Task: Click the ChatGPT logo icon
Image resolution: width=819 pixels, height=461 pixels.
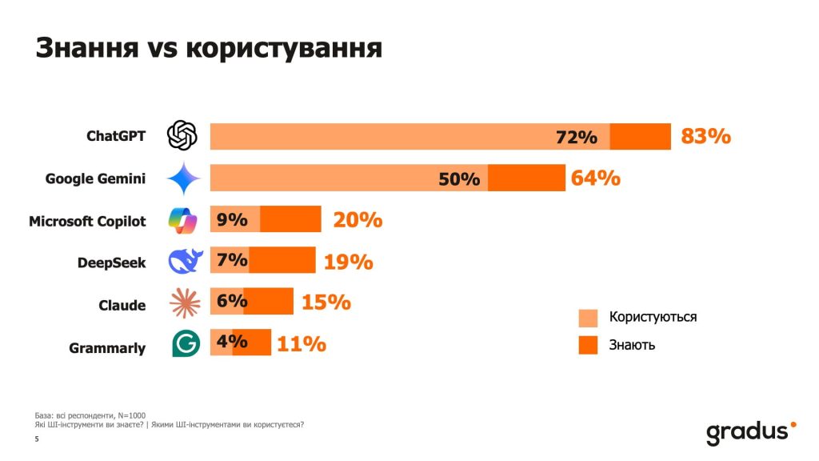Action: click(182, 135)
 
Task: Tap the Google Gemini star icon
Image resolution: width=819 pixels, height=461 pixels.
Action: click(183, 178)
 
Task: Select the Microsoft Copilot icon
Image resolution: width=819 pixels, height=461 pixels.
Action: click(182, 219)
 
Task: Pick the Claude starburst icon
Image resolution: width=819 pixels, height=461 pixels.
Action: click(185, 303)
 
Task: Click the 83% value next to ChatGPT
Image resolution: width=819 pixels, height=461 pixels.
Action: click(705, 136)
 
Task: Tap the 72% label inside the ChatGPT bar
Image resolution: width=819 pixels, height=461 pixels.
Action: click(577, 138)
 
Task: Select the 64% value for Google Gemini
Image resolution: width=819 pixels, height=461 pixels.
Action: click(595, 178)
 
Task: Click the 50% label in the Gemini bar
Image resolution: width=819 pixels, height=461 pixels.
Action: click(458, 179)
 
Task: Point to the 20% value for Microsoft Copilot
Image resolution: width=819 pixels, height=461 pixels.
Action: click(358, 219)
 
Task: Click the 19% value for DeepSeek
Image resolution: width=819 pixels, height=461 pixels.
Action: click(348, 261)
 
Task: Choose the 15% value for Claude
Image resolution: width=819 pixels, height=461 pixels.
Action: click(326, 303)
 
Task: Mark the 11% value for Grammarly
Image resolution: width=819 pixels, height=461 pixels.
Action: click(301, 344)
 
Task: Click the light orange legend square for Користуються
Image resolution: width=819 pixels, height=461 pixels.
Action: click(589, 318)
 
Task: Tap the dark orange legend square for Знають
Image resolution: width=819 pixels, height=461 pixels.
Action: click(589, 345)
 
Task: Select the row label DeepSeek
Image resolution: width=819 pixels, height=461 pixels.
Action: click(111, 263)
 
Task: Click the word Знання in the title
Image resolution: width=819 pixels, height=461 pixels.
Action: click(86, 48)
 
